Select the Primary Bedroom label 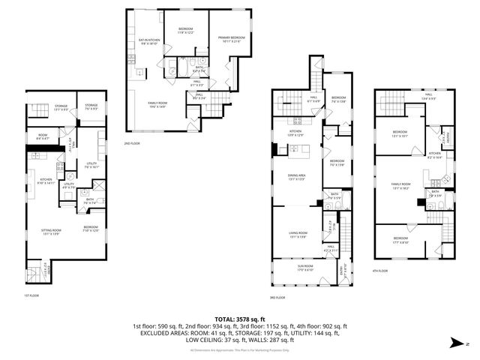pyautogui.click(x=232, y=38)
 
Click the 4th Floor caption pyautogui.click(x=382, y=271)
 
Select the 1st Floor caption pyautogui.click(x=31, y=294)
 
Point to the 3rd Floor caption pyautogui.click(x=277, y=297)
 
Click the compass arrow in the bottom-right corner pyautogui.click(x=456, y=343)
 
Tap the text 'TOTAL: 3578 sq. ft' pyautogui.click(x=239, y=320)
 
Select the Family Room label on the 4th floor pyautogui.click(x=401, y=185)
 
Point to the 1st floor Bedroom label pyautogui.click(x=91, y=229)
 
